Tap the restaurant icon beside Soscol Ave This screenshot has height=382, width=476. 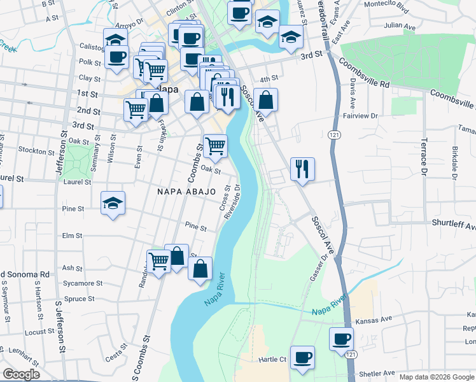pos(302,169)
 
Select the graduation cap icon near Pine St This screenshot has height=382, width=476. pos(113,203)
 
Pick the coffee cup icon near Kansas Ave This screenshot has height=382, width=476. pos(341,338)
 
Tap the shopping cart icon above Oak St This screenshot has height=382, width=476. pos(215,146)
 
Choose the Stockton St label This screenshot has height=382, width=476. pos(36,152)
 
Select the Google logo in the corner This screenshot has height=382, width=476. pos(21,374)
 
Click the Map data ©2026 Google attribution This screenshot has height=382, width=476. pos(436,377)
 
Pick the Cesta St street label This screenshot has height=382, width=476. pos(117,352)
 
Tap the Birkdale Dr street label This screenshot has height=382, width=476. pos(455,164)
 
